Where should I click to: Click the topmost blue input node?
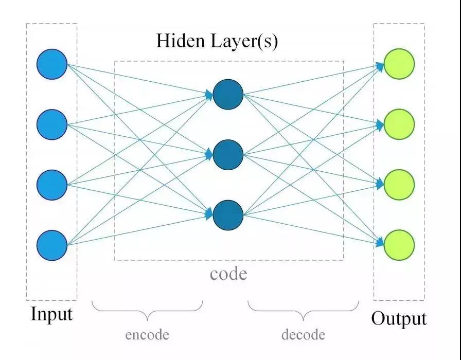coord(52,64)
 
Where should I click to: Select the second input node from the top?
coord(52,124)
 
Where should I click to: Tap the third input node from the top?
coord(52,184)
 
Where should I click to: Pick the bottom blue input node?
coord(52,245)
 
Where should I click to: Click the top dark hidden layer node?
coord(228,94)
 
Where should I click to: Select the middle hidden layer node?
coord(228,154)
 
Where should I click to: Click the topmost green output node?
coord(399,64)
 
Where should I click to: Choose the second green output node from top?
coord(399,124)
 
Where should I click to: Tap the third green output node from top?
coord(399,184)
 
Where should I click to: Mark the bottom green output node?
coord(399,245)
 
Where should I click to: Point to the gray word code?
coord(228,274)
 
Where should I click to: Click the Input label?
coord(51,314)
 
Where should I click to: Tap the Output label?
coord(399,319)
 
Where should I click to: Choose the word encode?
coord(147,335)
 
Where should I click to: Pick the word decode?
coord(303,335)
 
